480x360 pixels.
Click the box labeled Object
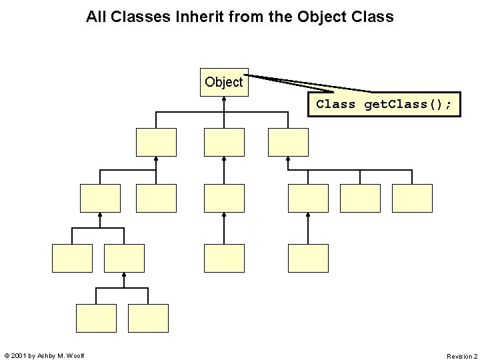click(x=224, y=82)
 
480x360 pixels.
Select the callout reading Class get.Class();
click(x=383, y=105)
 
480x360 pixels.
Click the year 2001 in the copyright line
click(x=19, y=356)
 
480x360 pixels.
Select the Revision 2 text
click(x=461, y=356)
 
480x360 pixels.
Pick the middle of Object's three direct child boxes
click(x=224, y=142)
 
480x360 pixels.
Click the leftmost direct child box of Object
click(x=156, y=142)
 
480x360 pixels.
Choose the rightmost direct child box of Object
click(x=288, y=142)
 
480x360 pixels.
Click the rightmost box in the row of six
click(x=412, y=198)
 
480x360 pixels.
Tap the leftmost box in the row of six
click(x=100, y=198)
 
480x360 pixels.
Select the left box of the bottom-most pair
click(x=96, y=318)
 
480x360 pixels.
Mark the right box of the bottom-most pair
click(x=148, y=318)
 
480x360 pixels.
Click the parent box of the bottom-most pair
click(x=124, y=258)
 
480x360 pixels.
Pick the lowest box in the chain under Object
click(x=224, y=258)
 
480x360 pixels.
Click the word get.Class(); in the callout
click(x=407, y=105)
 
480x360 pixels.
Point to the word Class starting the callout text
click(x=335, y=105)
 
